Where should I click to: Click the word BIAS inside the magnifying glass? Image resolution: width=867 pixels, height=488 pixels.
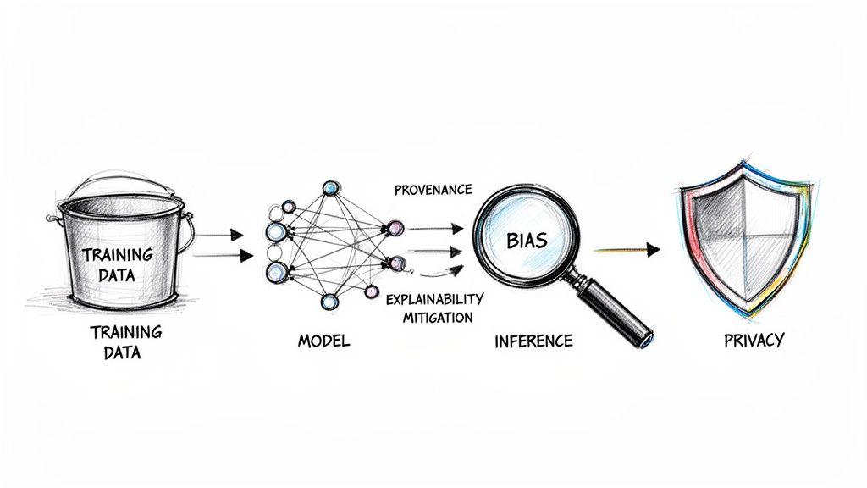point(526,240)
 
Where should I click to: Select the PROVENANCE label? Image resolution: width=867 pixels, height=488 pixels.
point(433,190)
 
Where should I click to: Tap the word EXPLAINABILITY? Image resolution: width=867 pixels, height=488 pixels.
point(433,300)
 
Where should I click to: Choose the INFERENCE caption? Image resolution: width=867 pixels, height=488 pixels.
point(533,341)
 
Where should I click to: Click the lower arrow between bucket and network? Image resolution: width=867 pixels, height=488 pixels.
point(223,255)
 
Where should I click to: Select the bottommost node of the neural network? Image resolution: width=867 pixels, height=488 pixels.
point(328,302)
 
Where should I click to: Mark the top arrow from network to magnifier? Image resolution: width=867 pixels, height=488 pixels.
point(436,228)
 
